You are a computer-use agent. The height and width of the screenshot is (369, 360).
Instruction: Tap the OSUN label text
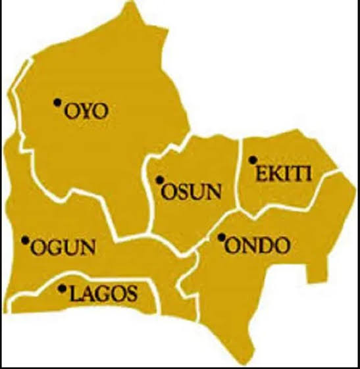192,191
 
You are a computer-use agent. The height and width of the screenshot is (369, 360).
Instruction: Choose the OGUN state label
63,249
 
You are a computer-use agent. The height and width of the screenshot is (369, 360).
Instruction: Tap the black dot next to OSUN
159,180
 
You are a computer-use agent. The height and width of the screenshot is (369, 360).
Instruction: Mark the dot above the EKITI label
252,159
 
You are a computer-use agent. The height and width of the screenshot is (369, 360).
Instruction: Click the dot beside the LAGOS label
63,287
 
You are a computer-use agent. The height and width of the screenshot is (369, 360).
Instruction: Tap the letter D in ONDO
265,247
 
